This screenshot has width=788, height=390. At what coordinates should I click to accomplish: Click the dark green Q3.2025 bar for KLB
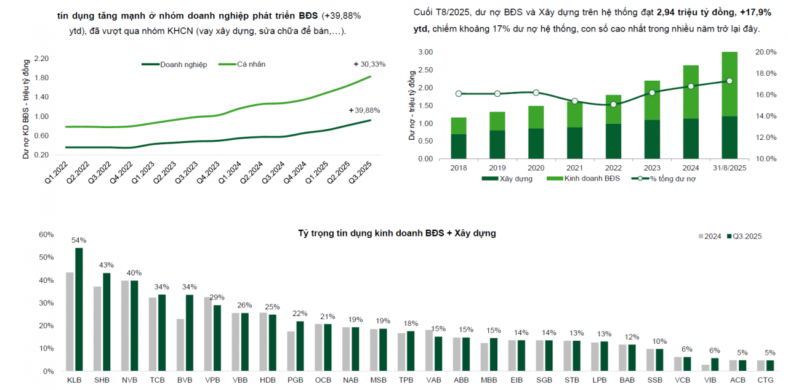[x=79, y=309]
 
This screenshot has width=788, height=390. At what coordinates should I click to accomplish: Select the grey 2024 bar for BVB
[x=180, y=345]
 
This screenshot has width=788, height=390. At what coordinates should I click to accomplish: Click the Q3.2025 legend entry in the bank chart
[x=744, y=236]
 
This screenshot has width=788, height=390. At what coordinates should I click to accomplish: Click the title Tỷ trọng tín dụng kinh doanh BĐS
[x=397, y=233]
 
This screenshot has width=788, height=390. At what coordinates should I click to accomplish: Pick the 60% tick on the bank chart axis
[x=46, y=235]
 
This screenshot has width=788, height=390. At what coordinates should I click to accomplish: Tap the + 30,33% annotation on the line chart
[x=369, y=64]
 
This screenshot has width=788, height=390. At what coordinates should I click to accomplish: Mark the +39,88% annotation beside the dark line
[x=364, y=110]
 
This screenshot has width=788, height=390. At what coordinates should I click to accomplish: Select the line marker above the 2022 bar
[x=613, y=104]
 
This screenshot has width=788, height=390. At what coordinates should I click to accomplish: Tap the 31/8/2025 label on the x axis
[x=730, y=168]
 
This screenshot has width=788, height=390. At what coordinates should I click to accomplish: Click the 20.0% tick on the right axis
[x=766, y=52]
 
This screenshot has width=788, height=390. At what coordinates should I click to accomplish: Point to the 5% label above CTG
[x=770, y=353]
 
